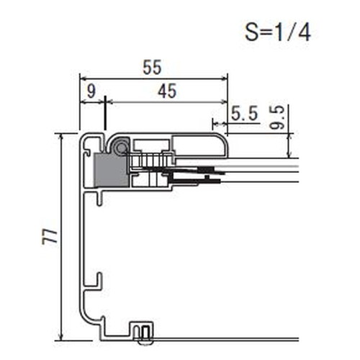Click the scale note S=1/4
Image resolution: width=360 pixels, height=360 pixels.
278,32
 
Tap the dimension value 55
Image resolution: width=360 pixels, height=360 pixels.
152,68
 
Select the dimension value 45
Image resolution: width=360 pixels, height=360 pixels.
167,91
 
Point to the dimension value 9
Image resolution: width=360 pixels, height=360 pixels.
91,91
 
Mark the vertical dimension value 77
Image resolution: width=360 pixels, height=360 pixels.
50,237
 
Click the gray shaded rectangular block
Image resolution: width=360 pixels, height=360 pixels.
111,170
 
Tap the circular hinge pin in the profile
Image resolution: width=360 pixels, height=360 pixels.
120,147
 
